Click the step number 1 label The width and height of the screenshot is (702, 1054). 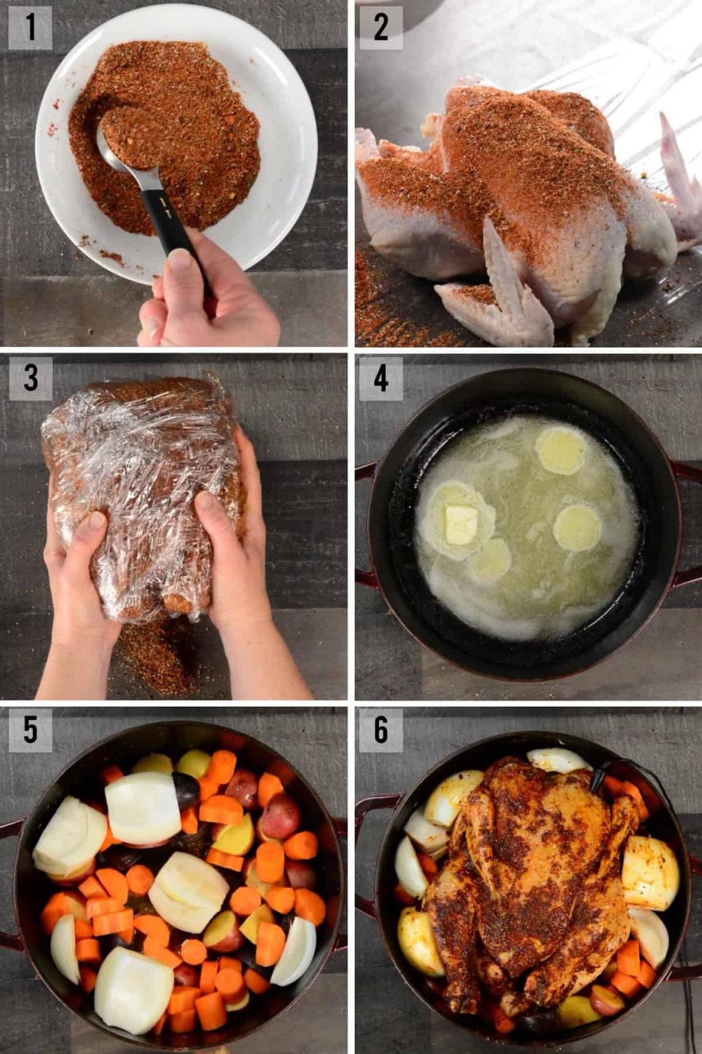(30, 28)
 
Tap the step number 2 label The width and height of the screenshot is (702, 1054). (381, 28)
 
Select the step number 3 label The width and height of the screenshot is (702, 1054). (30, 378)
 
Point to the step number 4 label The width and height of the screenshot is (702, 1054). (381, 378)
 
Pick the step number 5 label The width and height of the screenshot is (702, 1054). (30, 730)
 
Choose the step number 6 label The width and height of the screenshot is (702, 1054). (381, 730)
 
